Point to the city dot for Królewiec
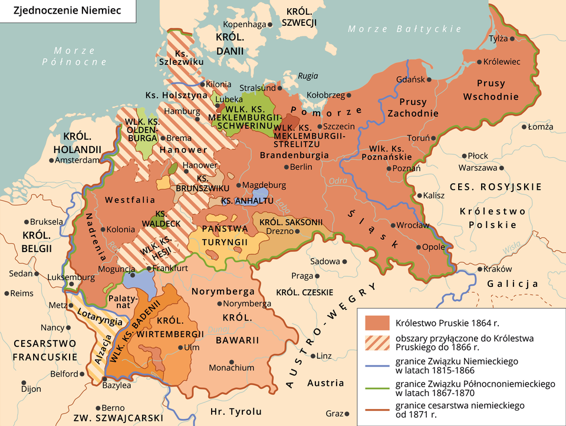(478, 62)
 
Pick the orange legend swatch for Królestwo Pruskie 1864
(377, 323)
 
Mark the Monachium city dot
(231, 361)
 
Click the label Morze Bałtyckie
(404, 29)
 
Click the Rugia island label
(307, 76)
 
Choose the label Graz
(333, 413)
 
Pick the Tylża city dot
(512, 39)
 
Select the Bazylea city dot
(104, 379)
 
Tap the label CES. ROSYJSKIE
(495, 187)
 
